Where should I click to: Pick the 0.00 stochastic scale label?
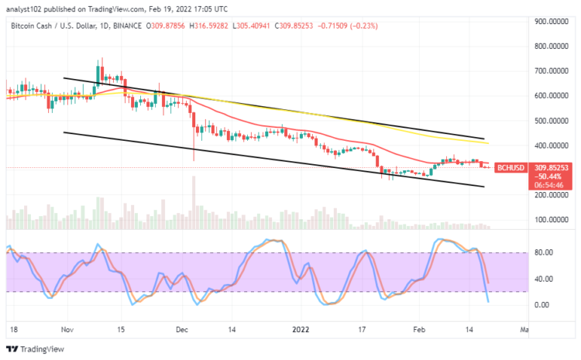[542, 305]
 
